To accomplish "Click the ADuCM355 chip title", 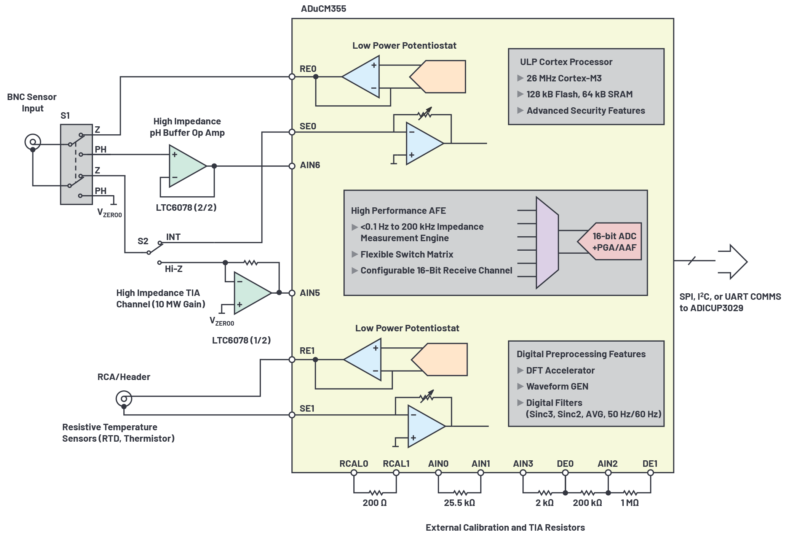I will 323,9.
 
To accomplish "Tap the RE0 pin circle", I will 292,77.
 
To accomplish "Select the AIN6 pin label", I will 310,165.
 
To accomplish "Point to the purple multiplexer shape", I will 547,243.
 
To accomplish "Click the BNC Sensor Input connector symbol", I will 33,142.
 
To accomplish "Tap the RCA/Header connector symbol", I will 124,399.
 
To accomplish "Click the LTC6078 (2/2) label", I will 186,208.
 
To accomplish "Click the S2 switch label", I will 143,241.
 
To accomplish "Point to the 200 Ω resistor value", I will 375,503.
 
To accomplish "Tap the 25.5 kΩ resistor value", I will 459,503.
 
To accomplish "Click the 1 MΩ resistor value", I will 629,503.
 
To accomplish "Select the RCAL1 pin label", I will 396,464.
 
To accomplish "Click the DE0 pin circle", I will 565,473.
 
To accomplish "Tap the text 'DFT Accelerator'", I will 560,371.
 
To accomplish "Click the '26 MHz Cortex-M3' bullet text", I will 564,78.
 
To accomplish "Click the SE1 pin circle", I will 292,415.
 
